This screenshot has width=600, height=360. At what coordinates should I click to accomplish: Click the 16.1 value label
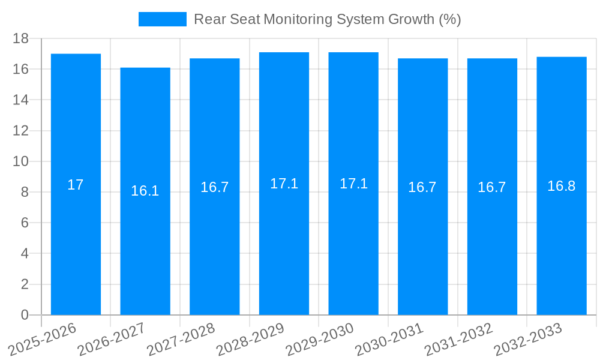pyautogui.click(x=145, y=191)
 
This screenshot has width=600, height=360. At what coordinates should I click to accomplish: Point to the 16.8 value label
pyautogui.click(x=562, y=186)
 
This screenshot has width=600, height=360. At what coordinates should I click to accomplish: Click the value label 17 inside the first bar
pyautogui.click(x=76, y=185)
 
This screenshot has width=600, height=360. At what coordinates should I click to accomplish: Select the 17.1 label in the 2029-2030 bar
pyautogui.click(x=353, y=184)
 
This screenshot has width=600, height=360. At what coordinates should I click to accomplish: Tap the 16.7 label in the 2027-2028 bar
pyautogui.click(x=215, y=187)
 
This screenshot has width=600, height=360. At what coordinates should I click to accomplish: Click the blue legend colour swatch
pyautogui.click(x=163, y=19)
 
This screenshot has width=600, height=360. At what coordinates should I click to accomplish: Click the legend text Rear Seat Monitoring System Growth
pyautogui.click(x=327, y=19)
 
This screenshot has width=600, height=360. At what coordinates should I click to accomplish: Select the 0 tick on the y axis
pyautogui.click(x=25, y=315)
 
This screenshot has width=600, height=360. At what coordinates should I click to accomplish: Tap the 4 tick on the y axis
pyautogui.click(x=25, y=253)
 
